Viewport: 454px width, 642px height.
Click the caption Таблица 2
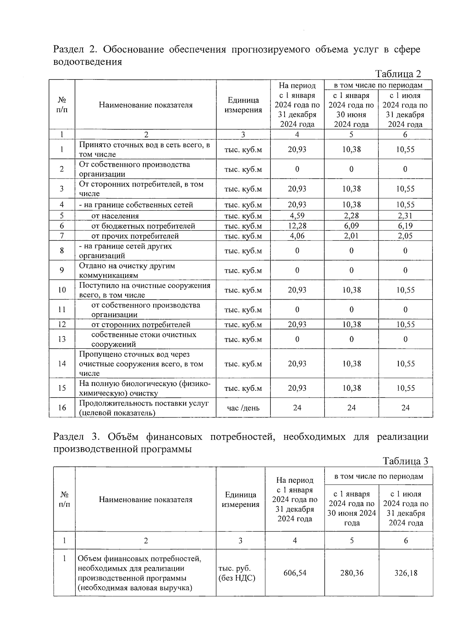tap(398, 74)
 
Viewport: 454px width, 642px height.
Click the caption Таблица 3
tap(405, 461)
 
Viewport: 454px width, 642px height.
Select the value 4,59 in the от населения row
tap(297, 216)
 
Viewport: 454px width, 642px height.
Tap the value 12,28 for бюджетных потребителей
tap(297, 226)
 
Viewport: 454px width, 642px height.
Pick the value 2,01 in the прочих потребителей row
tap(351, 236)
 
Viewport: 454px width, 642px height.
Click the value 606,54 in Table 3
tap(295, 573)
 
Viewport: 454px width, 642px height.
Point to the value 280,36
tap(351, 573)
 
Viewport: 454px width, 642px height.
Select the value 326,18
tap(406, 573)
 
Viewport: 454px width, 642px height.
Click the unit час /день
tap(243, 408)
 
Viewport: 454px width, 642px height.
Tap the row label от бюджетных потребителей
tap(143, 226)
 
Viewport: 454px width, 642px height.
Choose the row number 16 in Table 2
tap(62, 407)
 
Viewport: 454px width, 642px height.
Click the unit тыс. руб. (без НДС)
tap(237, 573)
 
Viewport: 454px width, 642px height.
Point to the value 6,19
tap(405, 226)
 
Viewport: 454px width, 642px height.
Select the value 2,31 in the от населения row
tap(405, 216)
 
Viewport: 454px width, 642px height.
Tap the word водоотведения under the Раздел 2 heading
tap(87, 62)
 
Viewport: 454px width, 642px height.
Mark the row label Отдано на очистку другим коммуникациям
tap(127, 270)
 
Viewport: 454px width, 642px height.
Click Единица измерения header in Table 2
tap(243, 105)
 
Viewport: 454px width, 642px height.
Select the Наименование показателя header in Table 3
tap(146, 499)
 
